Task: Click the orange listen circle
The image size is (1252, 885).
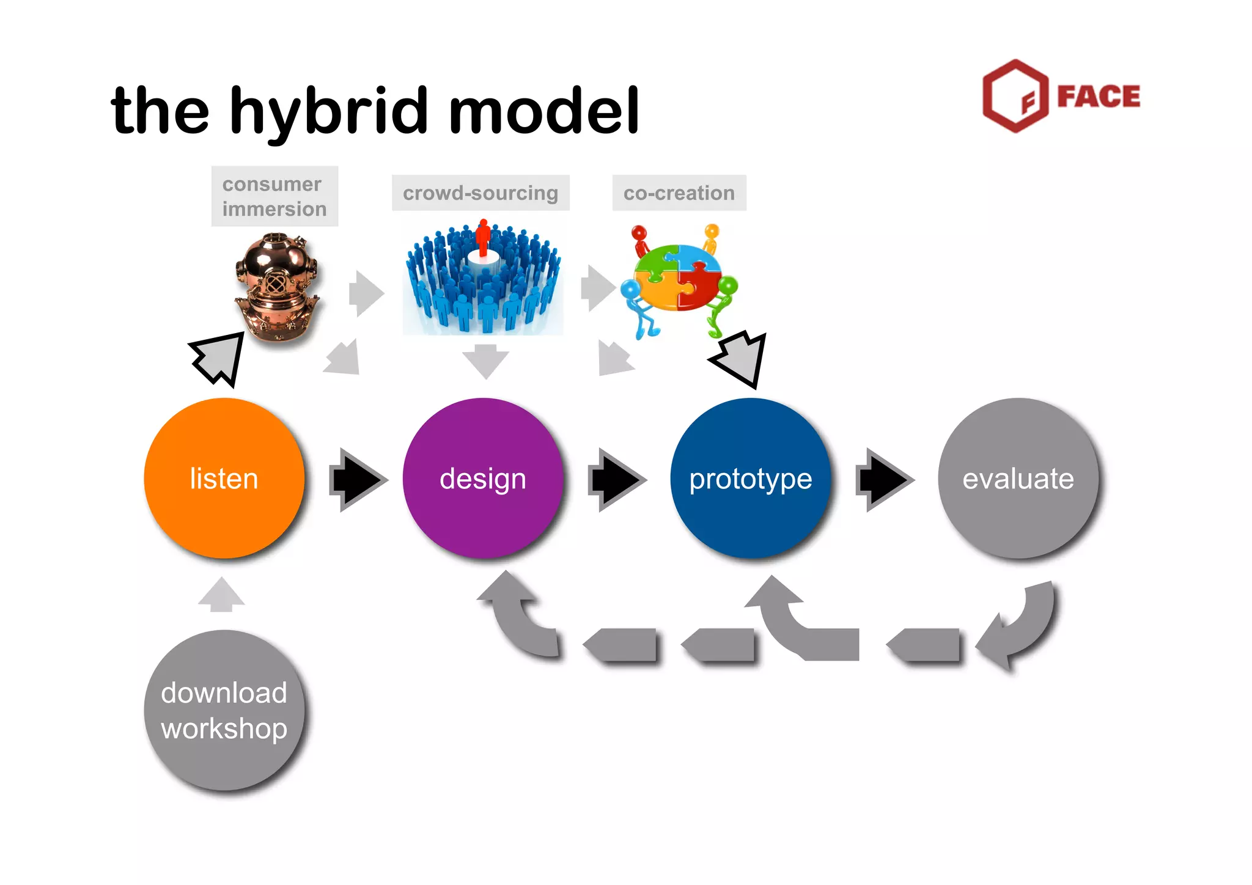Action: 224,478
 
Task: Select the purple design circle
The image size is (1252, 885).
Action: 483,478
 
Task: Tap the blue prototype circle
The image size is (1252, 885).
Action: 751,478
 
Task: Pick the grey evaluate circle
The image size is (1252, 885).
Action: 1018,478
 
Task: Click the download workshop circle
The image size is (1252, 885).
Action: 224,710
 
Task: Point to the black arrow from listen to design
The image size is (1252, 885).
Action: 358,480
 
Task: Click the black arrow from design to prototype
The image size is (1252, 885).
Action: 616,480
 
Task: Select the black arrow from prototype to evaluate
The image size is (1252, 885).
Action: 884,480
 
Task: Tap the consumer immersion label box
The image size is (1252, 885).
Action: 274,196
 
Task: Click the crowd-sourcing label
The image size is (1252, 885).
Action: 481,193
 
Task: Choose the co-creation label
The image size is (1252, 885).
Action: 679,193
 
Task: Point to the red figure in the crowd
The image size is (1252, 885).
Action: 483,237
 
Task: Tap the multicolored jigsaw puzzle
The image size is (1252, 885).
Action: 679,277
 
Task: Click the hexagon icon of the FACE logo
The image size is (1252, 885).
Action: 1015,96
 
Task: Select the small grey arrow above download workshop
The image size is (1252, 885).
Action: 221,595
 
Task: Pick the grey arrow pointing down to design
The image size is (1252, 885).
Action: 485,361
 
